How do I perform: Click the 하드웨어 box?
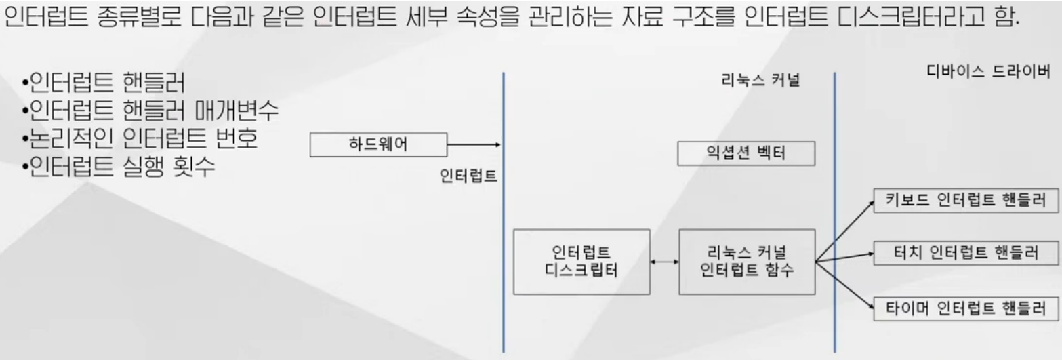coord(378,144)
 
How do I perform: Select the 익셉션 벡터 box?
coord(746,154)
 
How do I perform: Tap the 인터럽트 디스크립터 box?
coord(581,262)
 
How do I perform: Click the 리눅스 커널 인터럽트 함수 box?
coord(746,262)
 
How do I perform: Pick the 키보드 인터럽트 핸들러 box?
coord(966,201)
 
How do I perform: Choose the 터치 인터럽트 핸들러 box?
coord(966,254)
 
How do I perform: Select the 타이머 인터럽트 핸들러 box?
coord(966,308)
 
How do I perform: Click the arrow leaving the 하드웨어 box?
coord(474,144)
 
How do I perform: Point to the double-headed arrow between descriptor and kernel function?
coord(664,262)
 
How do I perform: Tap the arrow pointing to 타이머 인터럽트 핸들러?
coord(844,285)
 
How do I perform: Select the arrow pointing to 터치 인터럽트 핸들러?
coord(844,257)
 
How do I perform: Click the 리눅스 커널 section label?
coord(760,81)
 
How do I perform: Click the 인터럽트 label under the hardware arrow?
coord(468,177)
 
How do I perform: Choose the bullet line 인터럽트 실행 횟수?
coord(119,166)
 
